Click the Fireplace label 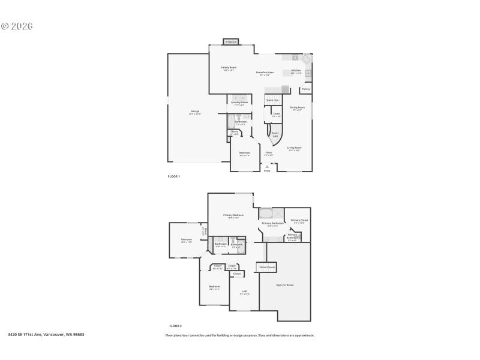coord(231,42)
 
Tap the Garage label coord(195,112)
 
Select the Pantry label coord(305,89)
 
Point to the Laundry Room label coord(239,103)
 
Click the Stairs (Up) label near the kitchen coord(272,100)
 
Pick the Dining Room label coord(298,108)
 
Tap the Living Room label coord(294,148)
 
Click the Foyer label coord(269,152)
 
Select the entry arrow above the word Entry coord(267,166)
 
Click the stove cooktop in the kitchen coord(308,73)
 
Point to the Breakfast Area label coord(265,73)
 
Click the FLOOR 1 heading coord(173,176)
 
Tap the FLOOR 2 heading coord(175,325)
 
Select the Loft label coord(244,292)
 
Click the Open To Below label coord(284,284)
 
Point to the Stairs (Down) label coord(267,267)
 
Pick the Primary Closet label coord(298,221)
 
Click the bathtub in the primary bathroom coord(265,213)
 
